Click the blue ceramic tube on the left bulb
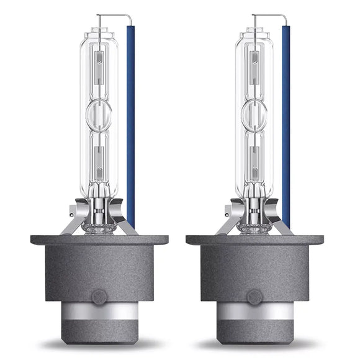click(x=130, y=124)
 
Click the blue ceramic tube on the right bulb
click(x=286, y=124)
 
